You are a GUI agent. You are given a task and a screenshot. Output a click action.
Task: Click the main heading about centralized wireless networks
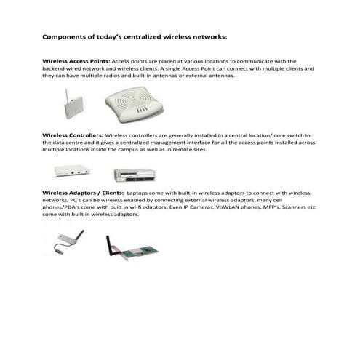pyautogui.click(x=135, y=35)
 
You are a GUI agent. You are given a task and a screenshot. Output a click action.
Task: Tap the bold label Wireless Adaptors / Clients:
pyautogui.click(x=83, y=193)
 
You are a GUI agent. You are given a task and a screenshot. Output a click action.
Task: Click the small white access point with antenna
pyautogui.click(x=68, y=106)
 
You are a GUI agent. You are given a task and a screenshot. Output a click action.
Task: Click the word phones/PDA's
pyautogui.click(x=63, y=207)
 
